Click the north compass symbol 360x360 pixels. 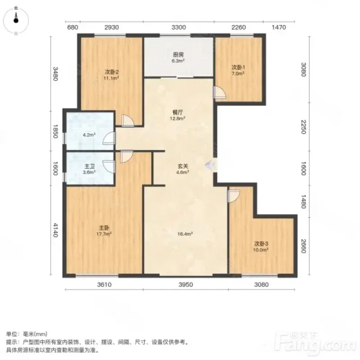16,21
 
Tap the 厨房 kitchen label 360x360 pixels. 178,54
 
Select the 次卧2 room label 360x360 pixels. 111,72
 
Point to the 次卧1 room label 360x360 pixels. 238,67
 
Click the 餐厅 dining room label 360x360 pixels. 178,112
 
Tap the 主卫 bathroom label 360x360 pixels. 89,166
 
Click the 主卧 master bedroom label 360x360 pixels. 104,228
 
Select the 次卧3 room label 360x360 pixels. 261,243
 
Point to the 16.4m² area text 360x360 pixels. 185,234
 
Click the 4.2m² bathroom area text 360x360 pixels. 89,135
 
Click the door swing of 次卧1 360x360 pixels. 220,93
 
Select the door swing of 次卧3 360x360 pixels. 234,196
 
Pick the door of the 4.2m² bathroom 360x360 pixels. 108,138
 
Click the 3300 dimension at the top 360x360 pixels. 178,27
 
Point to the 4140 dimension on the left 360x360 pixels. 55,230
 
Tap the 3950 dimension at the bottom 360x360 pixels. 185,285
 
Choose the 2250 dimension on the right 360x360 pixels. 303,127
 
